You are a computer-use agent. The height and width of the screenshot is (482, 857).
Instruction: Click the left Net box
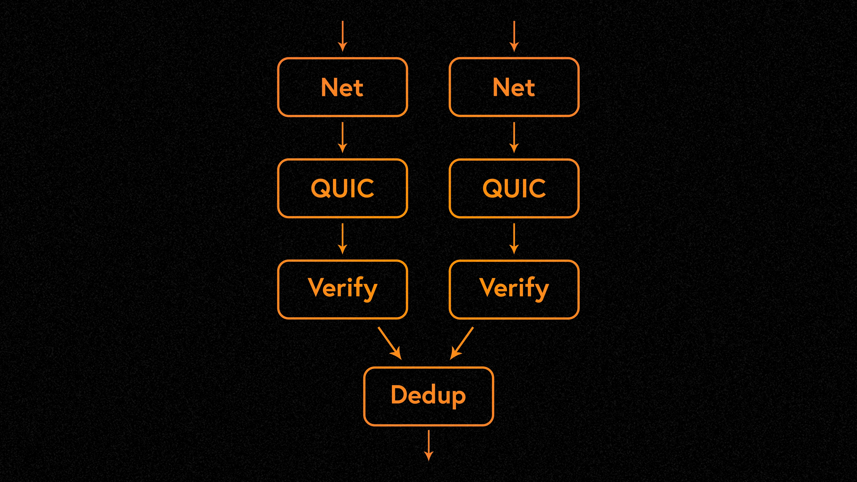[342, 87]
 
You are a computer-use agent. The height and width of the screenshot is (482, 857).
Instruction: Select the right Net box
[514, 87]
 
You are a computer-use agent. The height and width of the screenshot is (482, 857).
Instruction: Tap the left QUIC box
[342, 188]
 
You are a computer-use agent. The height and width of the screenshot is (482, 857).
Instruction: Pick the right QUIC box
[514, 188]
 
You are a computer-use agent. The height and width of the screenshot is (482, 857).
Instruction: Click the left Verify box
[342, 289]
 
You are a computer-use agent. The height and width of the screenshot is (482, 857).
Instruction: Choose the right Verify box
[514, 289]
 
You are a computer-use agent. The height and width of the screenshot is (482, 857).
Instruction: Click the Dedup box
[428, 396]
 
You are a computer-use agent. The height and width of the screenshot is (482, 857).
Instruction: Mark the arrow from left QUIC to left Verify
[342, 239]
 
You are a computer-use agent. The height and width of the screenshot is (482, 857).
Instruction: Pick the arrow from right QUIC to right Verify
[514, 239]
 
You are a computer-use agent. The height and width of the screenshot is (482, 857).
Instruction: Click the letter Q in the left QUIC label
[320, 188]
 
